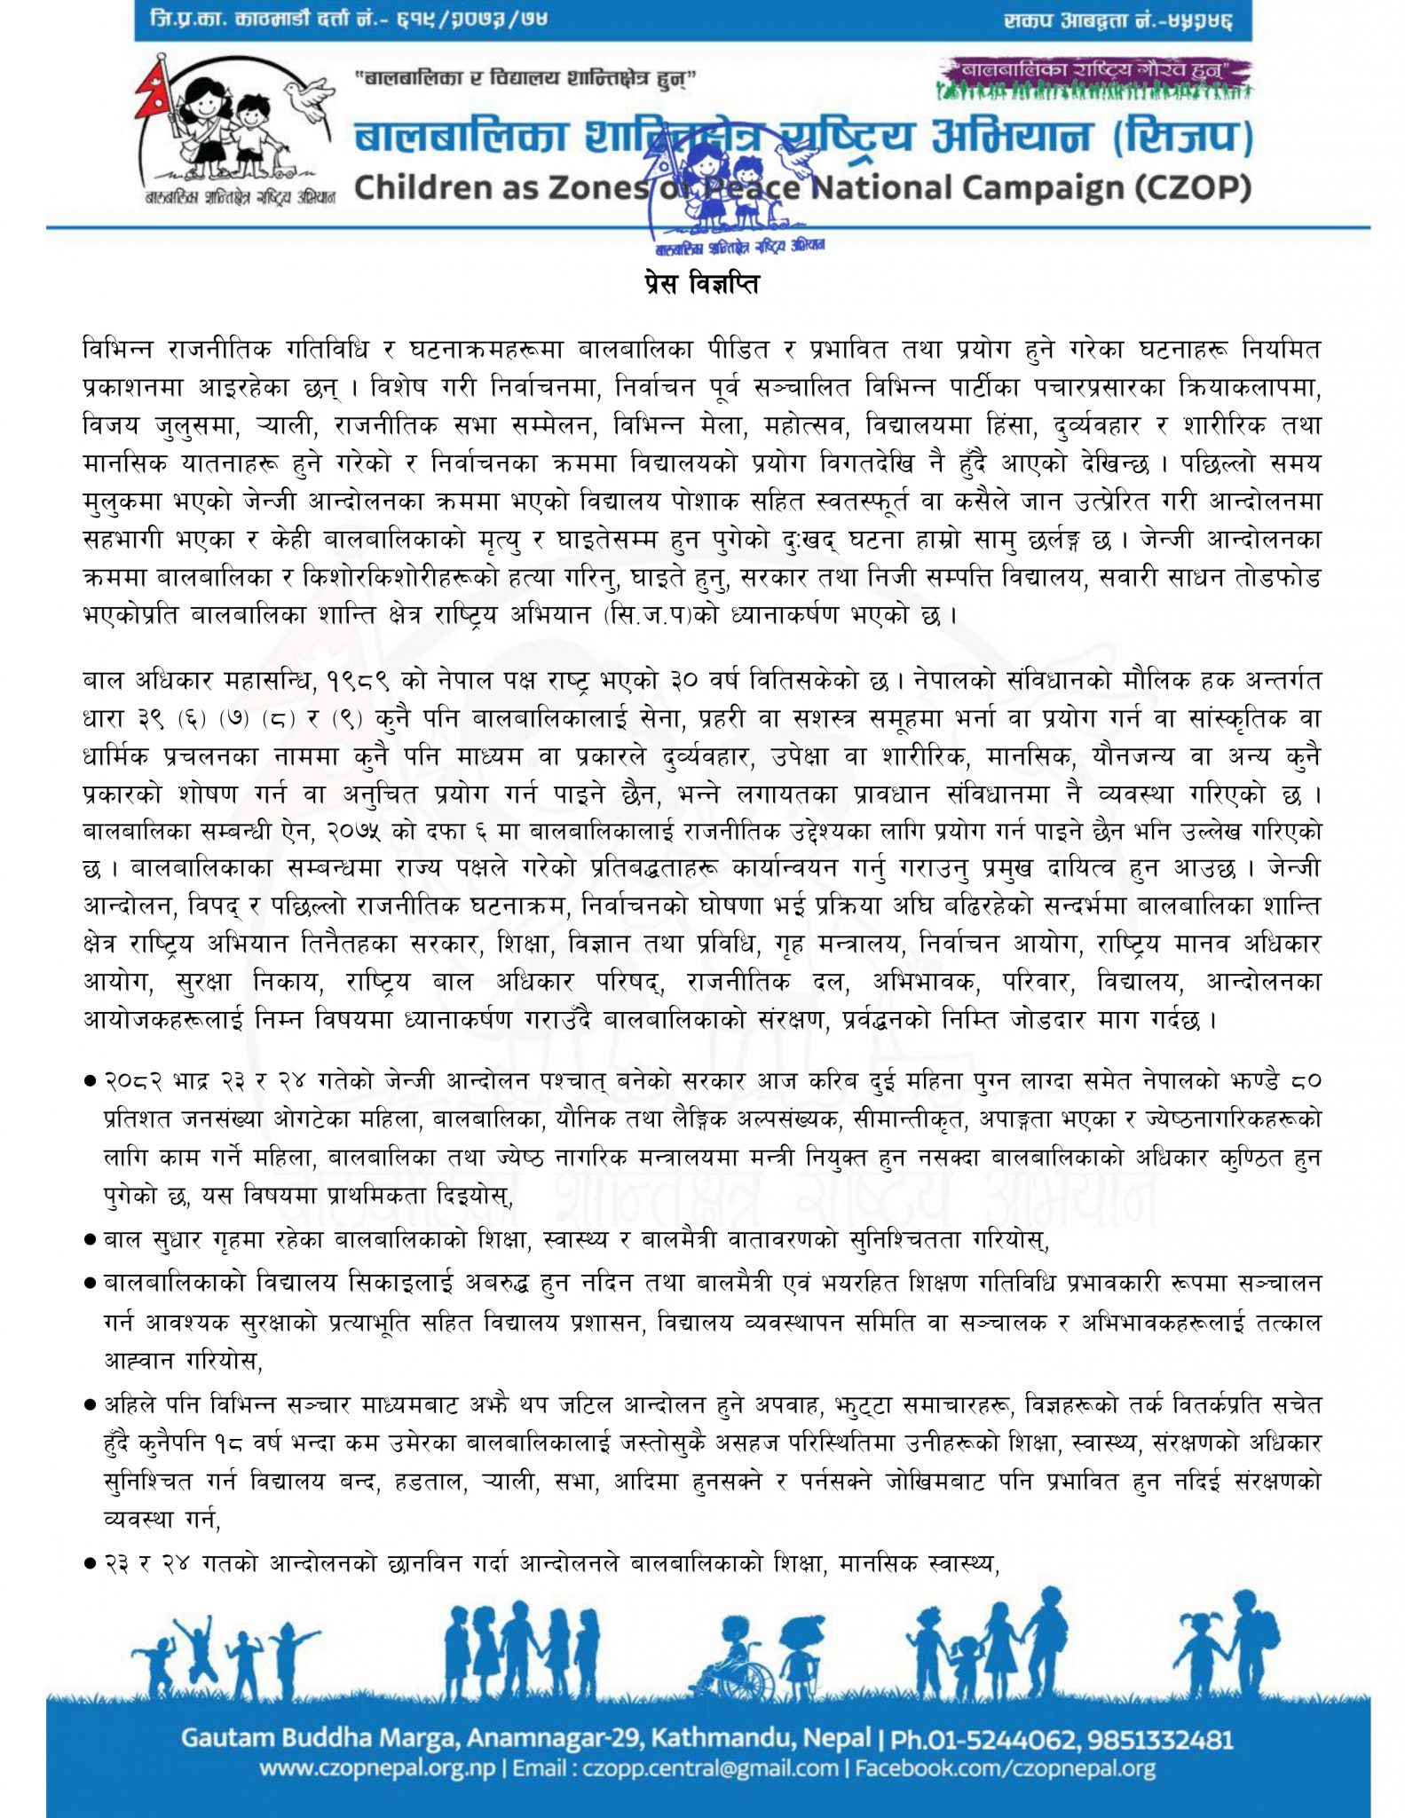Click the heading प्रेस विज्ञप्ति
701,285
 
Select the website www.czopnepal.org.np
377,1769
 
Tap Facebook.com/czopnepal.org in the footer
1005,1769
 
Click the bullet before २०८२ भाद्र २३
90,1082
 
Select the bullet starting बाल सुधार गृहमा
90,1240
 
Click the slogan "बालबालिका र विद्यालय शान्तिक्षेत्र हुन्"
525,79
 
